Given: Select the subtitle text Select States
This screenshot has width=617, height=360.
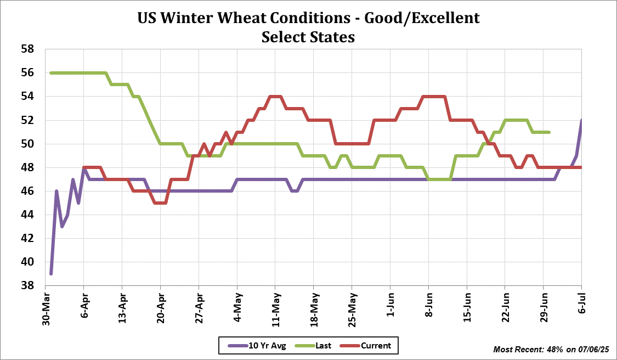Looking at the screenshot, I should pos(308,37).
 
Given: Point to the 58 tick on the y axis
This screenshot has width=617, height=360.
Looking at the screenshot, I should pos(27,49).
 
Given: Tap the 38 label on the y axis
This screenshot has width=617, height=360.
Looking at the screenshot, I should pos(27,286).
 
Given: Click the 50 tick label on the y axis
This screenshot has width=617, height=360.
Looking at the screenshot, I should pos(27,144).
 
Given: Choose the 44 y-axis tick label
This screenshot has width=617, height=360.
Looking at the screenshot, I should pos(27,215).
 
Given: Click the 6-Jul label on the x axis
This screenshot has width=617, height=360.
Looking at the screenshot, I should pos(582,303).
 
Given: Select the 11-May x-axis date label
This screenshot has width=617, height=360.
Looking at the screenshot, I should pos(275,310).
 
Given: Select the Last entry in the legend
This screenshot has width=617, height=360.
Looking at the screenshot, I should pos(315,346).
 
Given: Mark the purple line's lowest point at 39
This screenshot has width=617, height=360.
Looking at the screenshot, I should pos(51,274).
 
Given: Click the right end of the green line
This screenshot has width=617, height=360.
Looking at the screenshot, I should pos(549,132).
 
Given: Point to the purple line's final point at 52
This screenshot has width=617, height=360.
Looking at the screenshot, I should pos(581,120).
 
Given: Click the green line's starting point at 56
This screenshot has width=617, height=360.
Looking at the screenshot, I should pos(51,72).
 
